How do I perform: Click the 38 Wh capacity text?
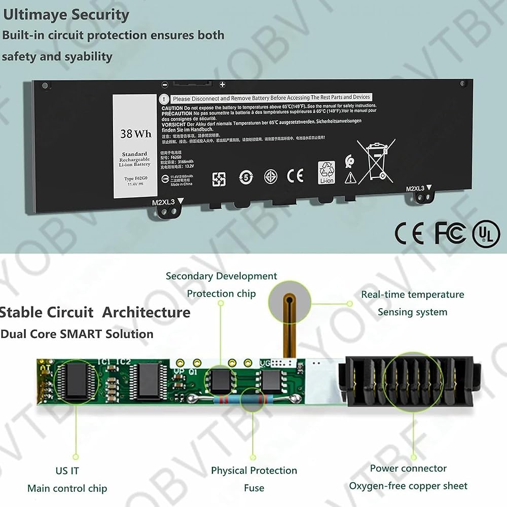point(136,134)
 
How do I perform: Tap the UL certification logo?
point(486,234)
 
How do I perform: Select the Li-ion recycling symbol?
point(327,172)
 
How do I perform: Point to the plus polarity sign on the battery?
point(222,85)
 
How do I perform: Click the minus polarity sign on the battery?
point(164,85)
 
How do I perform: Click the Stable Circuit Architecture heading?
point(95,312)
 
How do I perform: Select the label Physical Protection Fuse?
point(254,479)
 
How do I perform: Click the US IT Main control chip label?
point(67,480)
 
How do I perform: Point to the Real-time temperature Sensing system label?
point(412,303)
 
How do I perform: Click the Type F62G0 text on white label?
point(135,179)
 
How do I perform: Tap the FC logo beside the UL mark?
point(450,233)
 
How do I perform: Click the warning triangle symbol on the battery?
point(350,177)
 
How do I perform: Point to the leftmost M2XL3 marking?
point(163,202)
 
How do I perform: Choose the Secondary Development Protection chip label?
point(222,284)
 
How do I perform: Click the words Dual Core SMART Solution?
point(77,334)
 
